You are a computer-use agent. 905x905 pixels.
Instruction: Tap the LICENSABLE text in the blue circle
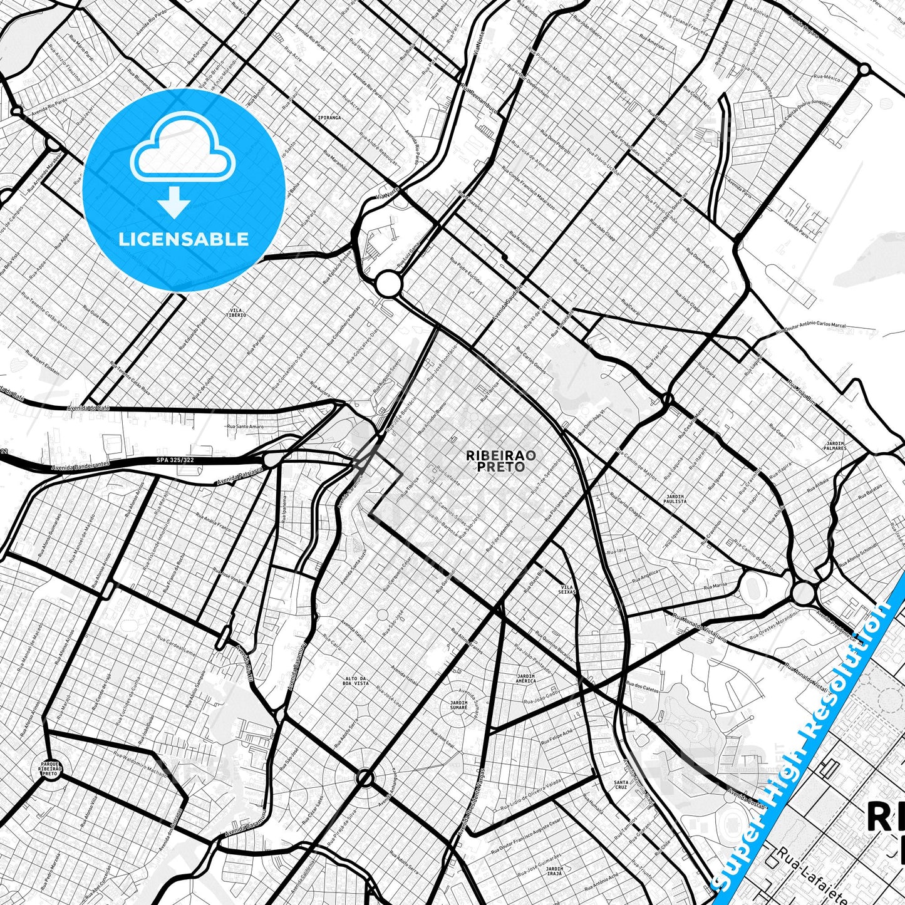coord(184,239)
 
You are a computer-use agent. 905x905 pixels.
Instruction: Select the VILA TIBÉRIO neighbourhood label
coord(237,312)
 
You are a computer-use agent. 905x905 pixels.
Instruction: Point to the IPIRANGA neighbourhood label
coord(329,117)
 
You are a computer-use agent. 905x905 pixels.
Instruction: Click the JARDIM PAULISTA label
coord(675,499)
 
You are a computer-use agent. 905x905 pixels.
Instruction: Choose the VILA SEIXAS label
coord(566,590)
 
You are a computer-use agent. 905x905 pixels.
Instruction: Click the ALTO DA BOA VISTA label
coord(356,681)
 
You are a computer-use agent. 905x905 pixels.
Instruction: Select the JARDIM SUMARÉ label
coord(458,705)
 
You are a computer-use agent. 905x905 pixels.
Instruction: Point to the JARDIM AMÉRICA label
coord(525,678)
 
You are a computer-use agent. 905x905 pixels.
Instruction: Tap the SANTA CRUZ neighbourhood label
coord(621,785)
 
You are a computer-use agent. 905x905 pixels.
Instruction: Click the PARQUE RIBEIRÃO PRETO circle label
coord(49,768)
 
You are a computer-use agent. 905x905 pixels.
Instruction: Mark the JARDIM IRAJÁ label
coord(554,871)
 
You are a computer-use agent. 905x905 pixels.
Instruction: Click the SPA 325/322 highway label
coord(175,460)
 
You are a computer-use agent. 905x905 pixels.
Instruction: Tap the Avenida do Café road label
coord(88,408)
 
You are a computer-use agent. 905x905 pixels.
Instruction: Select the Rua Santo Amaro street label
coord(246,427)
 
